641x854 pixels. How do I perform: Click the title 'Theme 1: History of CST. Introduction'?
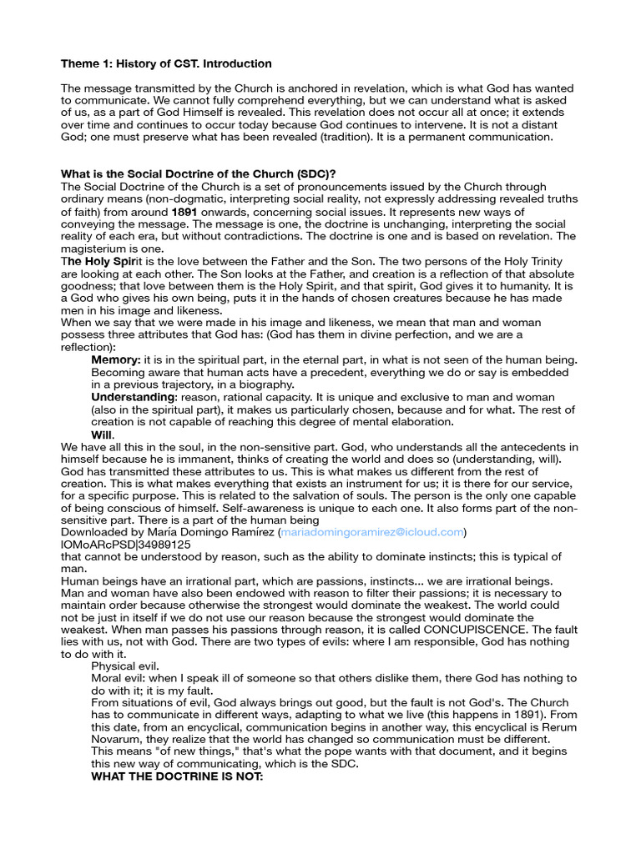click(x=166, y=63)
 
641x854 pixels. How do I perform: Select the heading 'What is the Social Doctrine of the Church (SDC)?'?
click(x=199, y=173)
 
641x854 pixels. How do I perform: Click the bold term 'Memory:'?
click(x=116, y=359)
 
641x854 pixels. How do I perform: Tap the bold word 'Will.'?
click(x=103, y=435)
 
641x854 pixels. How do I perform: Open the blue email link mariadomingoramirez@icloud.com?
click(x=371, y=532)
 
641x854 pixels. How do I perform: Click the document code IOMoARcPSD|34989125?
click(x=126, y=545)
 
